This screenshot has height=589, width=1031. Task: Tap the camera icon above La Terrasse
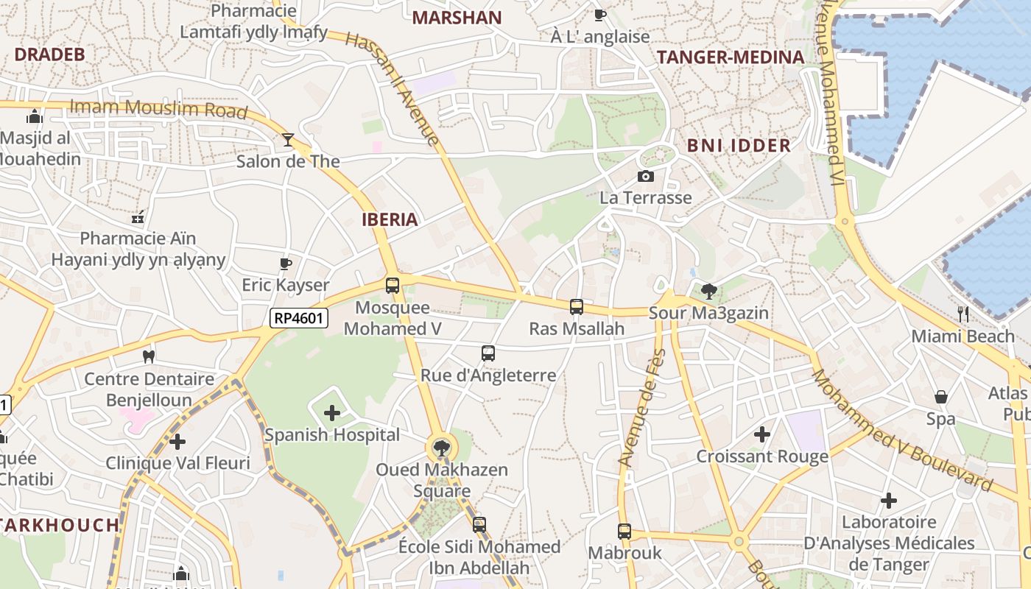pyautogui.click(x=645, y=176)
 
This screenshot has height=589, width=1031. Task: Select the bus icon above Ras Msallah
pyautogui.click(x=576, y=306)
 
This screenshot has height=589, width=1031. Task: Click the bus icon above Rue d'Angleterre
pyautogui.click(x=488, y=353)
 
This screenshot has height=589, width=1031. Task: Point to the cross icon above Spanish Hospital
pyautogui.click(x=332, y=413)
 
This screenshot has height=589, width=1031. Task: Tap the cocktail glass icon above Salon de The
pyautogui.click(x=287, y=139)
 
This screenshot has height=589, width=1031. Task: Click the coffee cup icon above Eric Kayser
pyautogui.click(x=286, y=263)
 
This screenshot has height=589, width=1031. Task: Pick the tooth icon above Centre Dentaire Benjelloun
pyautogui.click(x=148, y=356)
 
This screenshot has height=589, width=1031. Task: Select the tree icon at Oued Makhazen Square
pyautogui.click(x=442, y=446)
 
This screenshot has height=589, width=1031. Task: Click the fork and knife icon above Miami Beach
pyautogui.click(x=963, y=314)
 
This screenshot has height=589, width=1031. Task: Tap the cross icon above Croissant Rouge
pyautogui.click(x=762, y=434)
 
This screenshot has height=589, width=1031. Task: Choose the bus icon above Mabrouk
pyautogui.click(x=624, y=531)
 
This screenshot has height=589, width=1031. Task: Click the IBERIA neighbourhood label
pyautogui.click(x=390, y=219)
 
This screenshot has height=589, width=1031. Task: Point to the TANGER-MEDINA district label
pyautogui.click(x=730, y=57)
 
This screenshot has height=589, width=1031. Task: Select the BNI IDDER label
pyautogui.click(x=739, y=145)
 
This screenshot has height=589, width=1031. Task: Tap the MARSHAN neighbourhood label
pyautogui.click(x=457, y=18)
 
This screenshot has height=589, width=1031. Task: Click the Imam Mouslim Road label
pyautogui.click(x=158, y=108)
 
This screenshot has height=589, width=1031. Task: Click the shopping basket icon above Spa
pyautogui.click(x=941, y=397)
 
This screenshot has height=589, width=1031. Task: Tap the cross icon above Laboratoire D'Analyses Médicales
pyautogui.click(x=889, y=501)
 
